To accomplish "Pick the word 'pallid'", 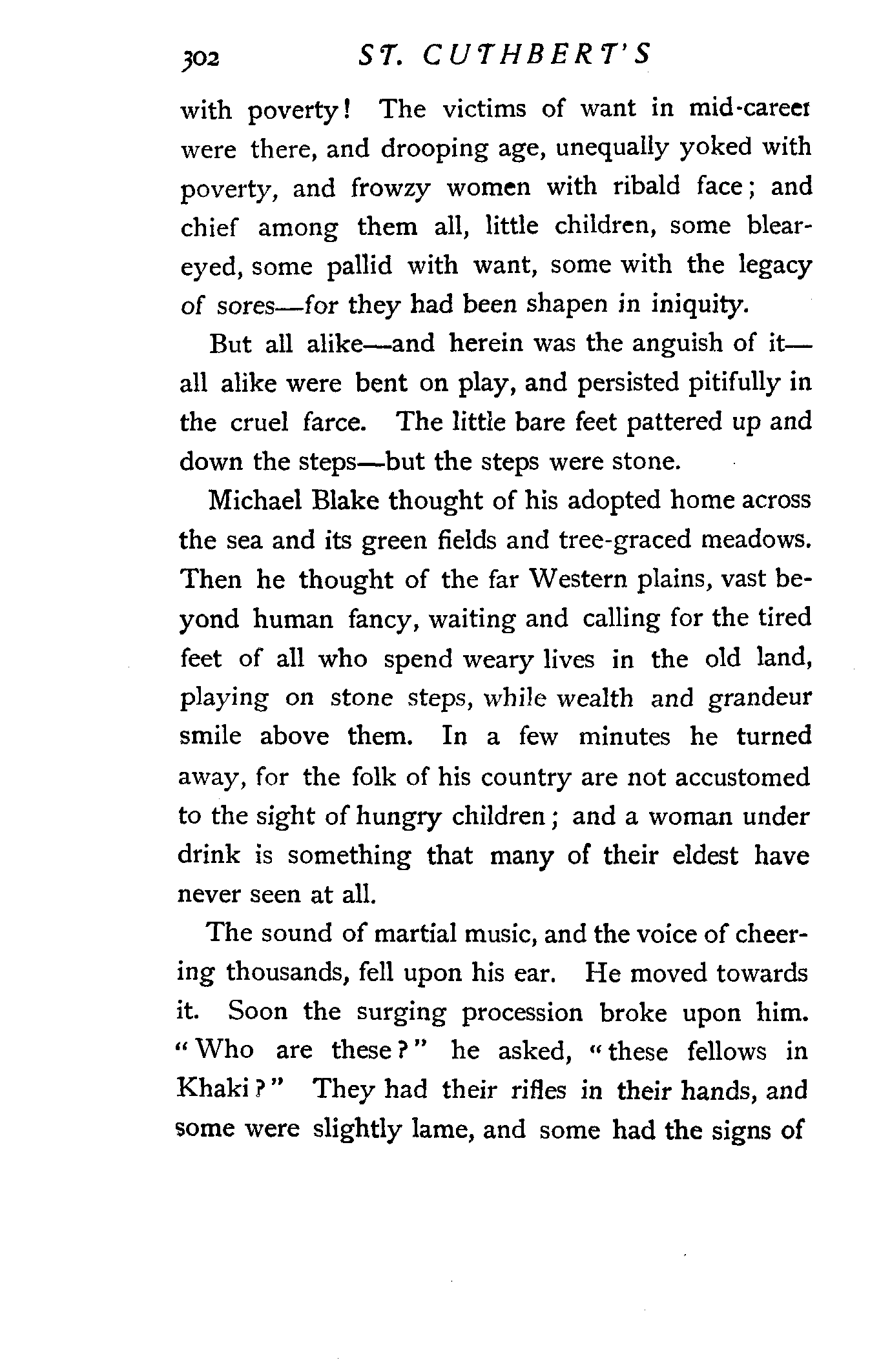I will click(x=359, y=266).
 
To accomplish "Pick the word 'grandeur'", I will click(x=759, y=698).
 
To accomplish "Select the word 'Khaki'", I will click(x=212, y=1091).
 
